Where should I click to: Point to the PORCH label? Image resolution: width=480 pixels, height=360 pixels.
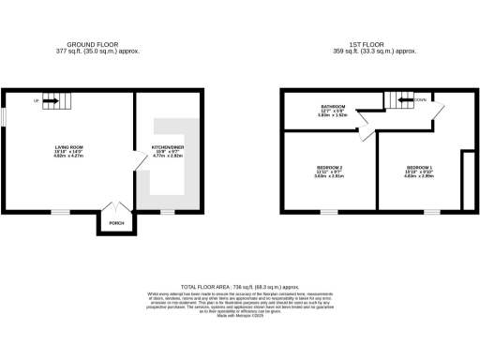click(116, 223)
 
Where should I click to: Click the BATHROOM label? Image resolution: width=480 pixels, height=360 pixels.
click(334, 107)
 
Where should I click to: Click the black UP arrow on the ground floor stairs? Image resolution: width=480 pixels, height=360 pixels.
click(52, 100)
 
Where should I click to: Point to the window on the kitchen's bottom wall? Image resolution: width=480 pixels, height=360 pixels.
click(167, 212)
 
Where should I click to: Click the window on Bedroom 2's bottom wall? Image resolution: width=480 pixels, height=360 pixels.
click(329, 212)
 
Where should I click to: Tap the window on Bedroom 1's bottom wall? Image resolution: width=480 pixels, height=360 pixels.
click(431, 212)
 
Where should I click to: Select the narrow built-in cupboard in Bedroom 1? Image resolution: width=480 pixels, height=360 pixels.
click(469, 178)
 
